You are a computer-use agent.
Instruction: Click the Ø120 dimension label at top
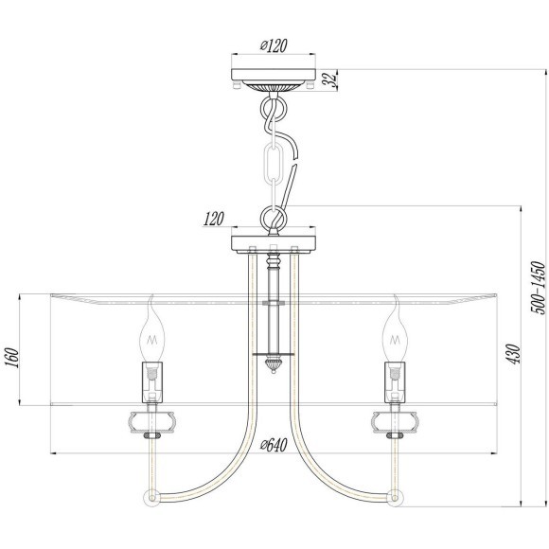pyautogui.click(x=274, y=44)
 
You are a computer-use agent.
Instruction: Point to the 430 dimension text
pyautogui.click(x=512, y=353)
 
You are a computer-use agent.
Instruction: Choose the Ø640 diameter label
pyautogui.click(x=274, y=445)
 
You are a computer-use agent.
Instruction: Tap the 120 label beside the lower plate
pyautogui.click(x=213, y=219)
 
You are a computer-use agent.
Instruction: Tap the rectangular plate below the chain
pyautogui.click(x=274, y=241)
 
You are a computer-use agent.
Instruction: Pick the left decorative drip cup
pyautogui.click(x=151, y=419)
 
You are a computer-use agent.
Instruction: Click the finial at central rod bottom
pyautogui.click(x=274, y=363)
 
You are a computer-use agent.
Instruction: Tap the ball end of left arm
pyautogui.click(x=150, y=496)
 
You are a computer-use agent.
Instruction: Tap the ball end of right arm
pyautogui.click(x=397, y=496)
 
